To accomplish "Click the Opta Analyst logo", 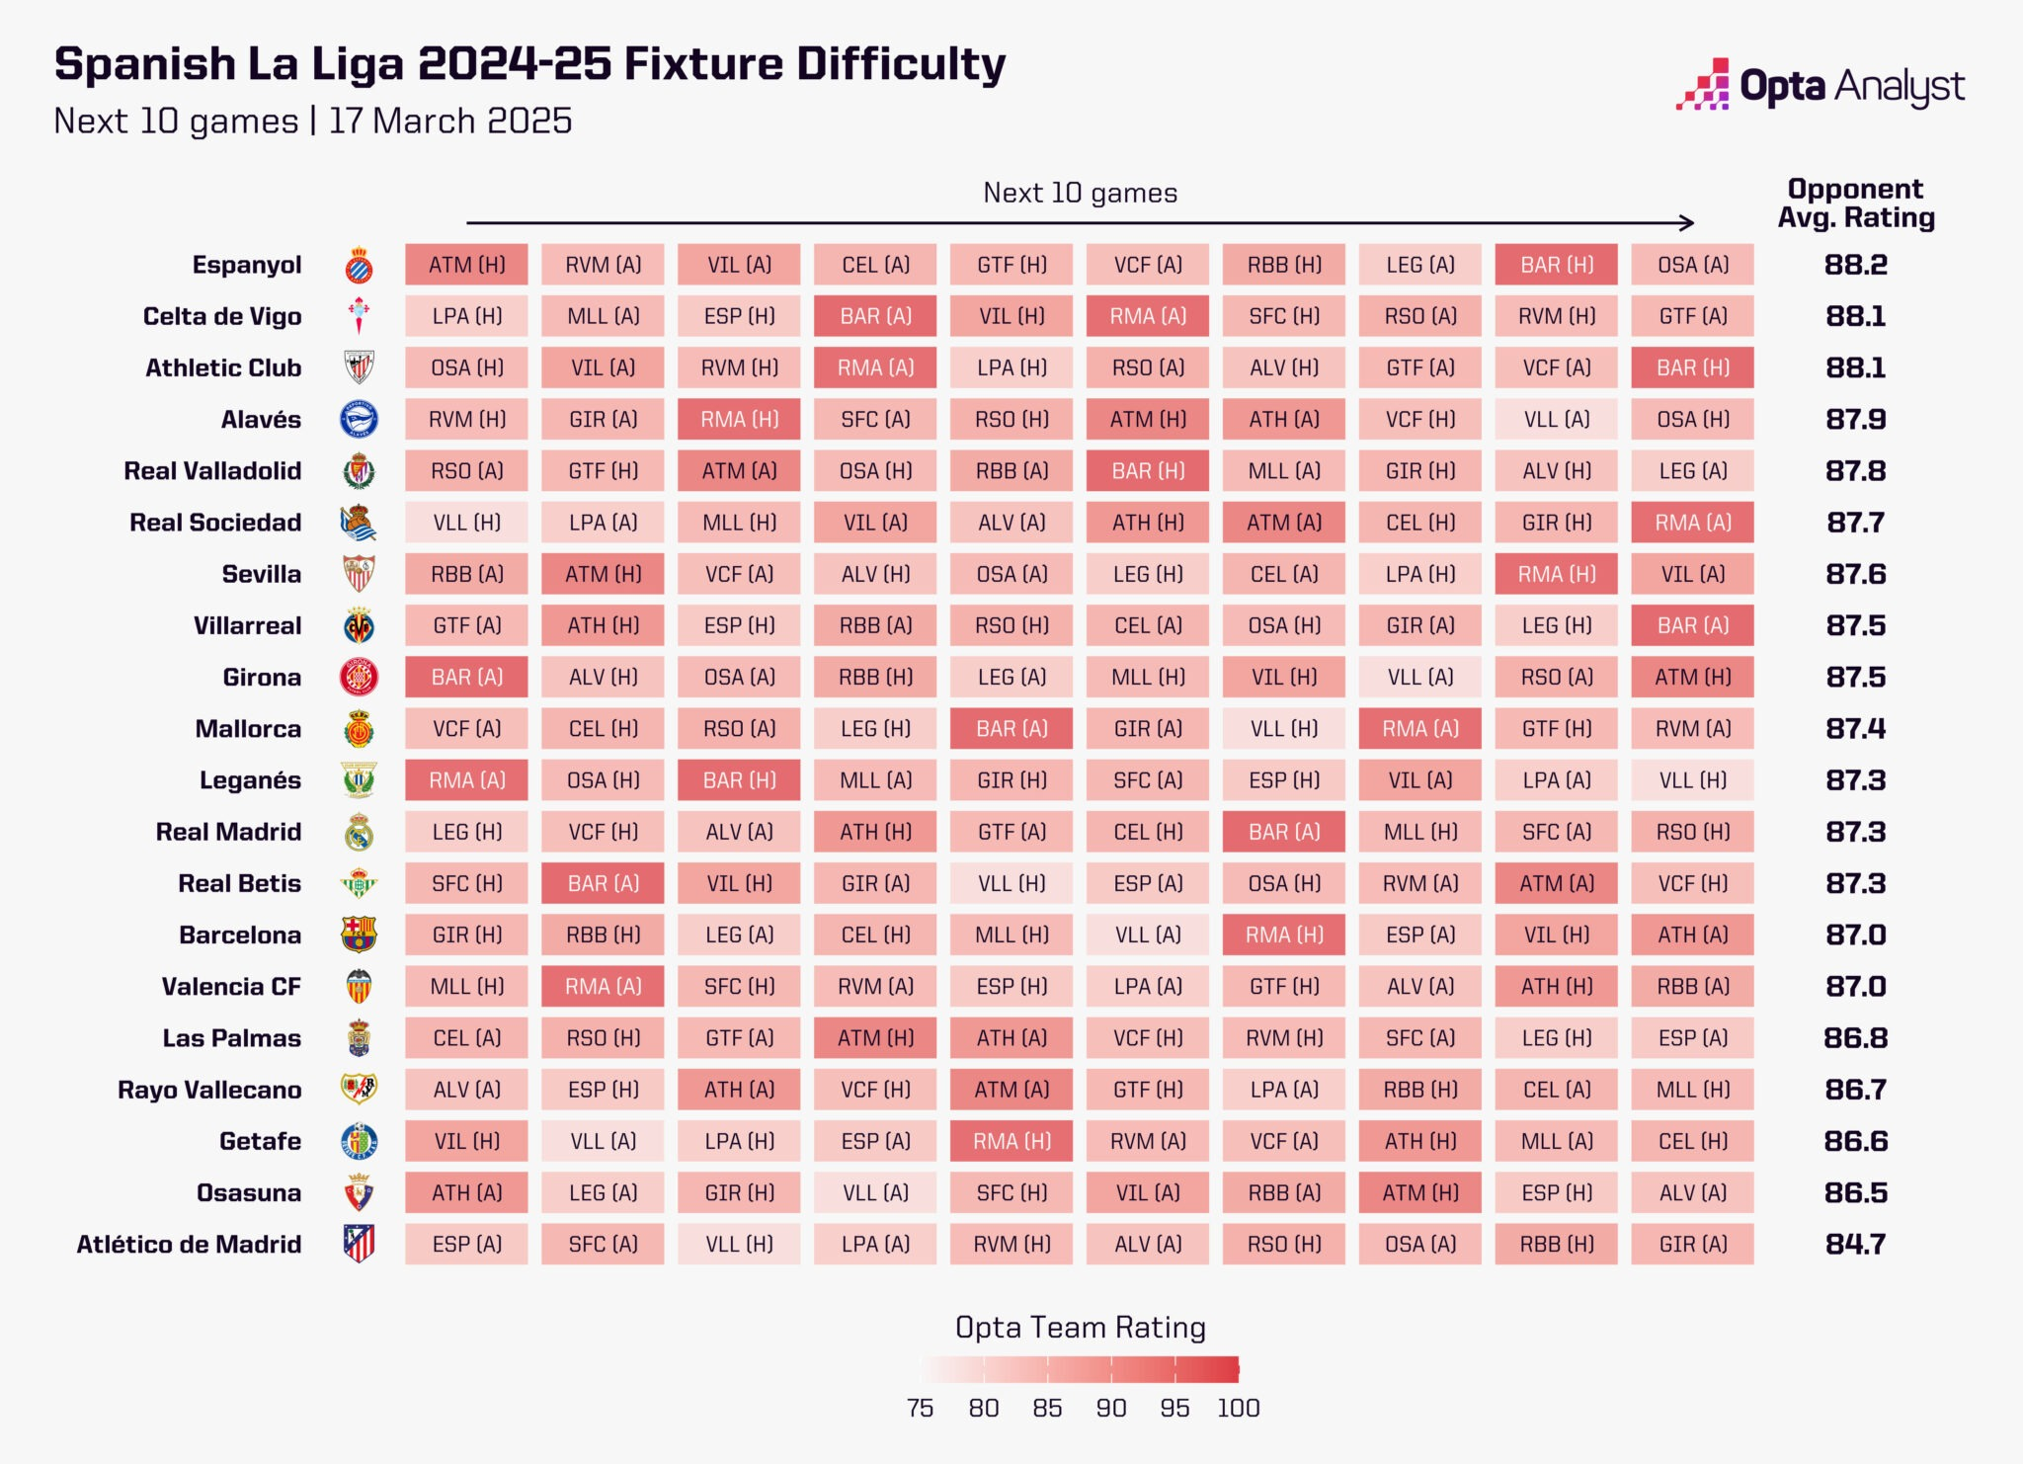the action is [1820, 86].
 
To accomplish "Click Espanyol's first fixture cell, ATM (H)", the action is [466, 265].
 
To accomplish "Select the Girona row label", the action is [262, 677].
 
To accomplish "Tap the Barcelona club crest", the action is [359, 934].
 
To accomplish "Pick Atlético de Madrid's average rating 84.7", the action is [1855, 1244].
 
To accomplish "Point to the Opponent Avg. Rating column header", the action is [1855, 203].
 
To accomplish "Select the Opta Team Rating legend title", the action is [1080, 1327].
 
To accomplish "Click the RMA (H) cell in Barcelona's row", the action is [1284, 935].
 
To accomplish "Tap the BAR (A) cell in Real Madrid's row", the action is [1284, 832].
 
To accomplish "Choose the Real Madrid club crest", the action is [359, 832].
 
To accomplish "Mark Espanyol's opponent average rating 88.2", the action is [1855, 265].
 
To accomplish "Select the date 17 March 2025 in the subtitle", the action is [450, 121].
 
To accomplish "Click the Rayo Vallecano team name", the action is [209, 1090].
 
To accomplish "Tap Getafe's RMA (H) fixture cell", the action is [1011, 1141].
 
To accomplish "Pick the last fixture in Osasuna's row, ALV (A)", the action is [1693, 1192].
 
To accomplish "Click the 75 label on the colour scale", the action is [920, 1408].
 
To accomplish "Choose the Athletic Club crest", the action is [359, 367].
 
